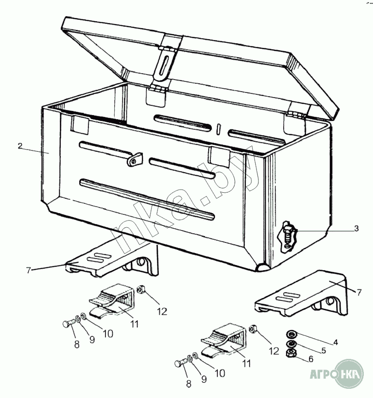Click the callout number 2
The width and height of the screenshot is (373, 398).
(x=20, y=146)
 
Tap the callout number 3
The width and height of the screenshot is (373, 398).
(x=356, y=228)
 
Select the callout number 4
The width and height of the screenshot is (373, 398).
(x=336, y=342)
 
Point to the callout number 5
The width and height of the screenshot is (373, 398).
(x=323, y=351)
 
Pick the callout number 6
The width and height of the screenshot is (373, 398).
(x=311, y=359)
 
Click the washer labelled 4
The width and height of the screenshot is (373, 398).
(x=291, y=333)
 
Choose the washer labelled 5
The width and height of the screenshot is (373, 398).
(x=291, y=344)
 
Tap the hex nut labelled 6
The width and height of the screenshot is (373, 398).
(x=290, y=353)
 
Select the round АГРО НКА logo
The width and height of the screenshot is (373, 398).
(x=349, y=374)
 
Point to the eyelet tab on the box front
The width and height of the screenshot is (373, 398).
(x=134, y=159)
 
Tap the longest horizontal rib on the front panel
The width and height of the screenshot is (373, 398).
(x=147, y=199)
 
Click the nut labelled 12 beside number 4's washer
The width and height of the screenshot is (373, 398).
(x=252, y=329)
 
